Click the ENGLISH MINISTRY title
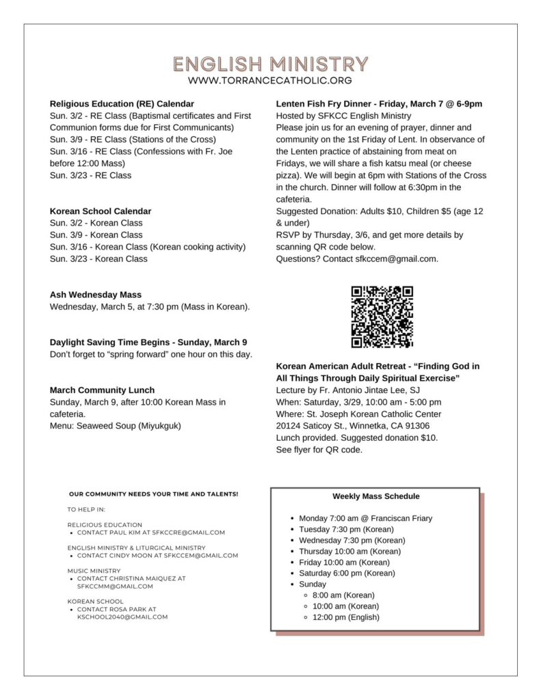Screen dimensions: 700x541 [270, 64]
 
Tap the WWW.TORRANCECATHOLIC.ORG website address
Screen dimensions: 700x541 [270, 81]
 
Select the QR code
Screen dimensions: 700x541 [382, 317]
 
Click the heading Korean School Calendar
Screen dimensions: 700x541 [101, 211]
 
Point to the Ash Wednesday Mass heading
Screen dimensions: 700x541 [96, 295]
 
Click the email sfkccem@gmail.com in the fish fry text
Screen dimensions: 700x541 [396, 259]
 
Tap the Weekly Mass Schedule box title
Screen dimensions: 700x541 [376, 496]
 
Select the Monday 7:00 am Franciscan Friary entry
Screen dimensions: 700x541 [365, 518]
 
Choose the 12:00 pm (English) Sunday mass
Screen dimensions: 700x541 [345, 617]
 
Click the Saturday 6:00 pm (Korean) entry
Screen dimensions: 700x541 [347, 573]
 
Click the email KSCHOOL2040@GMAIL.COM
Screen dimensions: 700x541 [122, 617]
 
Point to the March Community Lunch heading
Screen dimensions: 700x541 [102, 390]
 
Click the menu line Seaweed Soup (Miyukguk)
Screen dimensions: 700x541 [116, 426]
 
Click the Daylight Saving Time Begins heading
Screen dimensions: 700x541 [148, 342]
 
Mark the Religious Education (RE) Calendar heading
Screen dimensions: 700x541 [122, 104]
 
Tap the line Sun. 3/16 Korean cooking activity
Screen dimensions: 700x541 [147, 247]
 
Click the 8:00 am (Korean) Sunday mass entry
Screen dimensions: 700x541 [343, 595]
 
